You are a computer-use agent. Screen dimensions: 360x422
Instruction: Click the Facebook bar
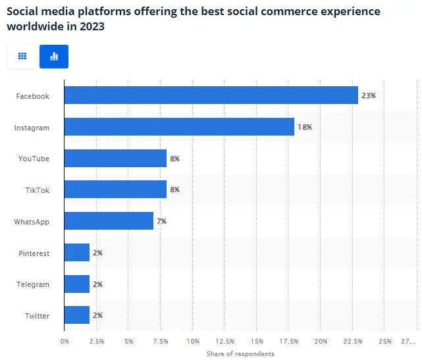[x=211, y=95]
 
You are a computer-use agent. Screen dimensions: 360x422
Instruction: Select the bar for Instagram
[x=179, y=127]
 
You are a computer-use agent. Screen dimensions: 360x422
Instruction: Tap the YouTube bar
[x=115, y=159]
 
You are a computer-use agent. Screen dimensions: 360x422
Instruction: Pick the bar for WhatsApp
[x=109, y=221]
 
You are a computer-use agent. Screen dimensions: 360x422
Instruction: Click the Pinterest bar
[x=76, y=253]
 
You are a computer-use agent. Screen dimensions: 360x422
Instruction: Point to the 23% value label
[x=368, y=95]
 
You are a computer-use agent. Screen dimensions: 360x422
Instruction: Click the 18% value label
[x=304, y=127]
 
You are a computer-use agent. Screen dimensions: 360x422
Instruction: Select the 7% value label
[x=161, y=221]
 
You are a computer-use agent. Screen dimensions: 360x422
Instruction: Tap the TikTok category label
[x=37, y=190]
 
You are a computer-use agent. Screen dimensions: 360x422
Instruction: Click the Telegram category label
[x=32, y=284]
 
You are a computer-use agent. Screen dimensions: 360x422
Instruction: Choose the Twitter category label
[x=37, y=316]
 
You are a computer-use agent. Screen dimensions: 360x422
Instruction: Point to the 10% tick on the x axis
[x=193, y=341]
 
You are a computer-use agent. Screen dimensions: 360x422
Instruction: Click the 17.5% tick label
[x=289, y=341]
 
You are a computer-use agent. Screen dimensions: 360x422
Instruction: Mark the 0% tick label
[x=65, y=341]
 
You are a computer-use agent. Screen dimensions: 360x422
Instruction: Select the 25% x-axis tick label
[x=385, y=341]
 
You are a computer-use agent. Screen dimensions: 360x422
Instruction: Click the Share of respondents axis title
[x=240, y=353]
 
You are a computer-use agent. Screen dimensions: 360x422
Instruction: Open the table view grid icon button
[x=22, y=57]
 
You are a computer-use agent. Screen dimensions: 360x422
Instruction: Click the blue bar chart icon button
[x=54, y=57]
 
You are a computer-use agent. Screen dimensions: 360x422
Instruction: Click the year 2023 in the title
[x=90, y=27]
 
